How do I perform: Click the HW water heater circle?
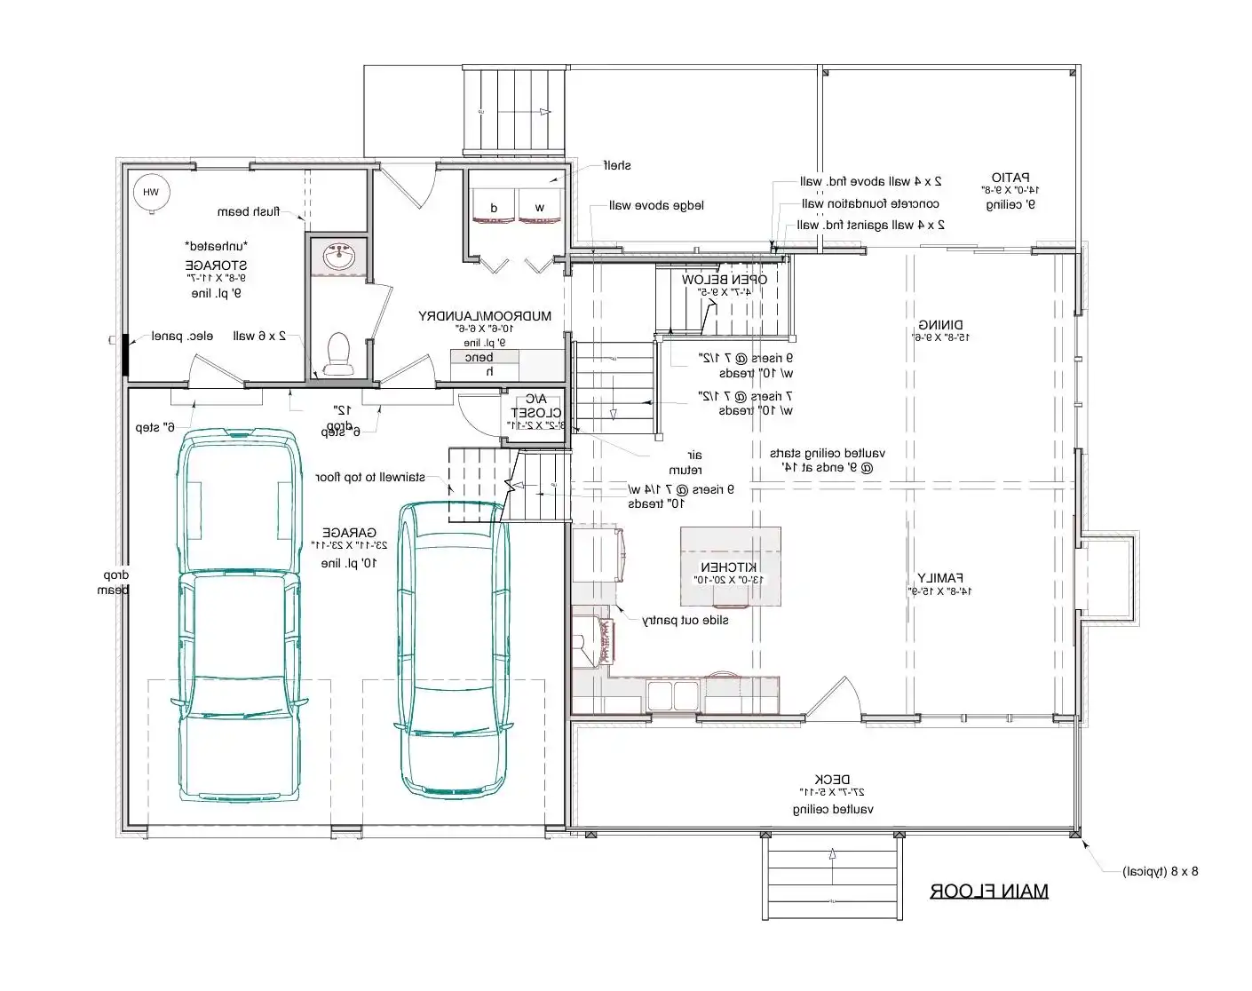tap(151, 193)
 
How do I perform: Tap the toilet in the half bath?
tap(338, 353)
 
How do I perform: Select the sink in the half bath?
tap(339, 258)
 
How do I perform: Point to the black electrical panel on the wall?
tap(126, 353)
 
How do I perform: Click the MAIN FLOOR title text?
tap(988, 891)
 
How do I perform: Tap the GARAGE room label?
tap(349, 533)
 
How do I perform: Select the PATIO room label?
tap(1010, 178)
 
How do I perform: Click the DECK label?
tap(832, 780)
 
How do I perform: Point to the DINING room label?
tap(940, 325)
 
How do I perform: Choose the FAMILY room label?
tap(940, 578)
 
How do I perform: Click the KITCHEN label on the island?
tap(729, 567)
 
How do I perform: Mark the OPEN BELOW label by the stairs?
tap(725, 280)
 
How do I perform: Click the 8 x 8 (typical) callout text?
tap(1160, 871)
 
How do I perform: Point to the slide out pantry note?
tap(685, 620)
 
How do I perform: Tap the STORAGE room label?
tap(217, 265)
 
